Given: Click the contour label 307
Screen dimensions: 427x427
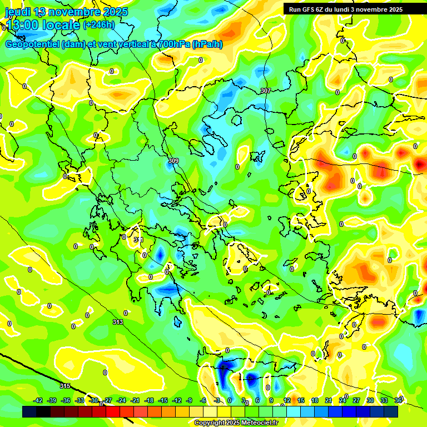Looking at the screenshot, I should tap(265, 91).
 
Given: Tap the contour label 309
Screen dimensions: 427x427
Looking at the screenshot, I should tap(173, 161).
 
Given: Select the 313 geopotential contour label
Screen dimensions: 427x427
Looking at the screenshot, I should tap(117, 322).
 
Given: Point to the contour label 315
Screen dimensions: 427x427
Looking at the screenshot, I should tap(65, 386).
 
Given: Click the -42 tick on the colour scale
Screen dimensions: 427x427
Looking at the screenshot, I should tap(38, 400).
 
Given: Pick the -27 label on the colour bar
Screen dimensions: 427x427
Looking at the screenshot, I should tap(108, 400).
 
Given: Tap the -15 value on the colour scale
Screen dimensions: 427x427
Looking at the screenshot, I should tap(163, 400).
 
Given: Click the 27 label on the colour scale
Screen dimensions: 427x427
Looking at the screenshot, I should tap(356, 400).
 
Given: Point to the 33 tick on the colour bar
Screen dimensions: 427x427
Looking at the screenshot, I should tap(384, 400).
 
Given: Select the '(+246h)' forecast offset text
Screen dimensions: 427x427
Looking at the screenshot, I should tap(99, 24).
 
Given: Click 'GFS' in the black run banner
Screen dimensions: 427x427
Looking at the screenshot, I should tap(310, 9).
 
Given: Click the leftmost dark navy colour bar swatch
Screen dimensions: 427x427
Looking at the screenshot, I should tap(29, 411).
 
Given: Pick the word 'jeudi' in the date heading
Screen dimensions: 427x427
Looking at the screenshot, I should tap(17, 12).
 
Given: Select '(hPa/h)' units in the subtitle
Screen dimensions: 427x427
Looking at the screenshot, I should tap(207, 44).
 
